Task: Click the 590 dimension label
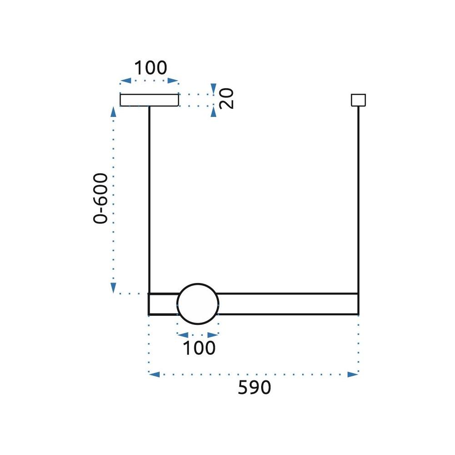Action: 254,388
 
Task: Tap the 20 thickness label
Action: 226,98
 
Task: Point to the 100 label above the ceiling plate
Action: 150,68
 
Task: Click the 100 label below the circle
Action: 199,348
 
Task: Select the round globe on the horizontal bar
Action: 198,304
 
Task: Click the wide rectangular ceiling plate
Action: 149,100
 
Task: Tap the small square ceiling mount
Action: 359,100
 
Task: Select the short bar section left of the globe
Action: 163,304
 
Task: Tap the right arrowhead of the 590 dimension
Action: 353,374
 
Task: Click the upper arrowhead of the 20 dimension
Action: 213,88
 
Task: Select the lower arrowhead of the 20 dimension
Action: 213,111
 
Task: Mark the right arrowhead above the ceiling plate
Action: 173,81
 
